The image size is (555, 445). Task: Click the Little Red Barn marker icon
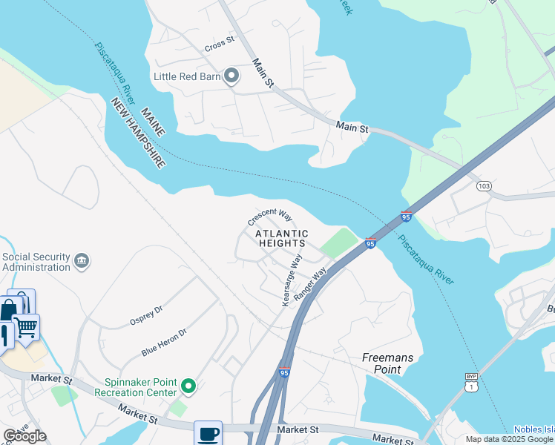pos(231,76)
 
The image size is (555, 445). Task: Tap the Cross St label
pos(220,44)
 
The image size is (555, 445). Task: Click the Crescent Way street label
pos(269,217)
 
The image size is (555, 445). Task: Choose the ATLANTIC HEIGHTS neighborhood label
pos(280,237)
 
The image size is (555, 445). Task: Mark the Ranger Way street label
pos(310,283)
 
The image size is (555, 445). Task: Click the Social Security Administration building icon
pos(82,261)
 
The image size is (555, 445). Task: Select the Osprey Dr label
pos(147,315)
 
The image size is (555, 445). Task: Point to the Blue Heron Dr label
pos(163,343)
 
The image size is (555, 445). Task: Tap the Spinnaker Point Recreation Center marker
pos(188,386)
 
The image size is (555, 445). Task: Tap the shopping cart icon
pos(26,326)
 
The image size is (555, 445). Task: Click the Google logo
pos(24,436)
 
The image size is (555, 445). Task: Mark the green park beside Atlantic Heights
pos(338,243)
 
